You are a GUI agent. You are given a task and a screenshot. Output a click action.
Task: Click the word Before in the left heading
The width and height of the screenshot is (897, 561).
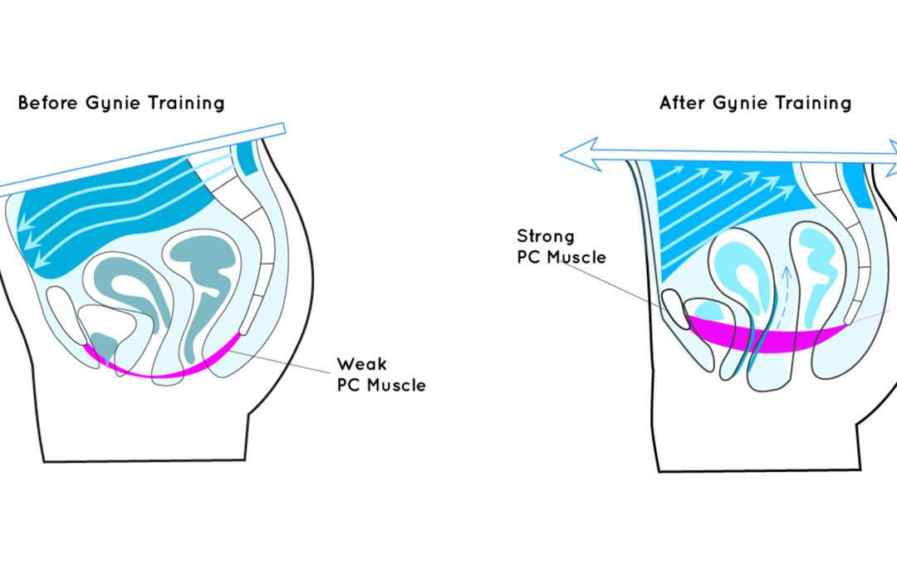click(45, 104)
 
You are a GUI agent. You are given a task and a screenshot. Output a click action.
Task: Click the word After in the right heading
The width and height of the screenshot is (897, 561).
click(680, 103)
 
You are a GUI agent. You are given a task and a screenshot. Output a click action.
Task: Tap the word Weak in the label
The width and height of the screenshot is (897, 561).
click(361, 365)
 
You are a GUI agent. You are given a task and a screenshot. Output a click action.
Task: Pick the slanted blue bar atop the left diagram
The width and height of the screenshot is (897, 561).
click(141, 160)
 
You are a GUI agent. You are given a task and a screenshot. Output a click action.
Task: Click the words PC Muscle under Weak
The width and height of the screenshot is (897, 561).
click(380, 386)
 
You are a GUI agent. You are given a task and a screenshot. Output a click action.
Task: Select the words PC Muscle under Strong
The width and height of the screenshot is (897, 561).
click(561, 258)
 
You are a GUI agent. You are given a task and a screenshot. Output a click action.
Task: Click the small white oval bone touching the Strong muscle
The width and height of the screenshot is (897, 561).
click(674, 308)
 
